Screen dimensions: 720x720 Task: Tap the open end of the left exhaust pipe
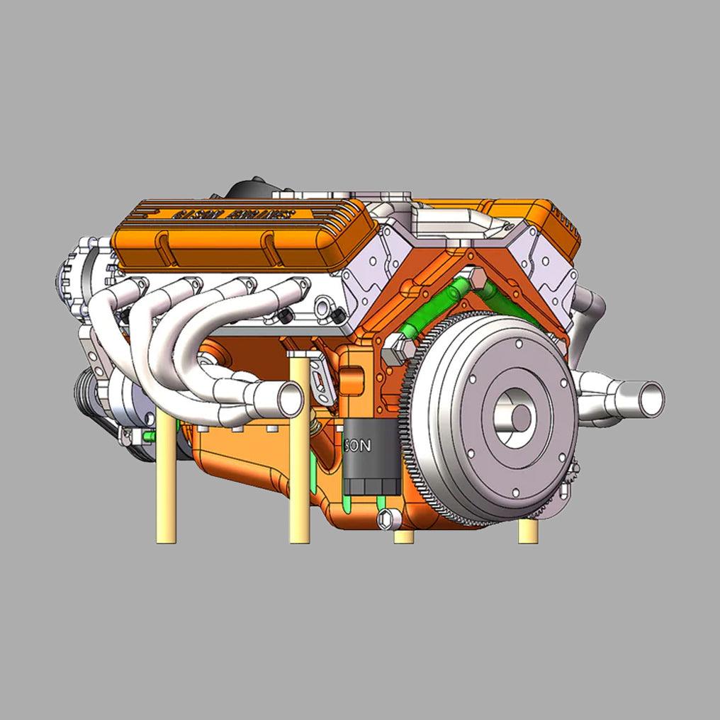pos(291,398)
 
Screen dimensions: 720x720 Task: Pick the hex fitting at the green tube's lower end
pos(395,347)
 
